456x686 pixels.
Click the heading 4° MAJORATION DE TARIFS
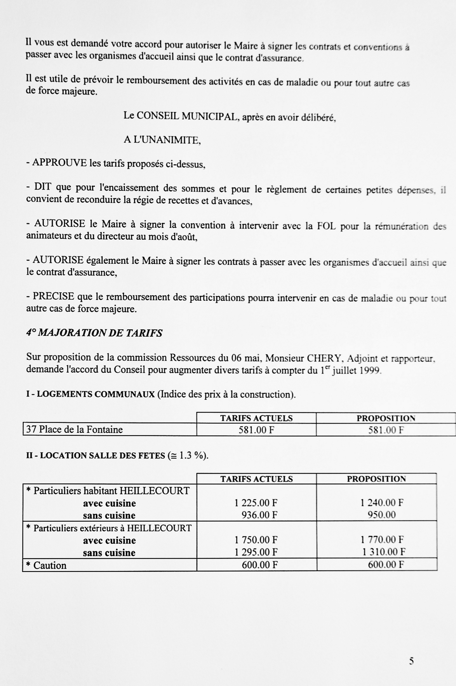click(x=94, y=333)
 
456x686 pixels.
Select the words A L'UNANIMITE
click(x=162, y=140)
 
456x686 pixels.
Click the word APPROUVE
click(x=59, y=163)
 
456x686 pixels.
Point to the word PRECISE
click(x=53, y=296)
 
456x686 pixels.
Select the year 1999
click(x=371, y=370)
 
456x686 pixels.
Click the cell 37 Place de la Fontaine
click(x=74, y=430)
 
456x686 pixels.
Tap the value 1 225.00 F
click(x=256, y=503)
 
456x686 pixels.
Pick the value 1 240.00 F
click(x=382, y=503)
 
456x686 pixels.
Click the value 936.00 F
click(x=259, y=515)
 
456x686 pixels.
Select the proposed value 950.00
click(x=382, y=515)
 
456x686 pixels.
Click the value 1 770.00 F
click(x=382, y=540)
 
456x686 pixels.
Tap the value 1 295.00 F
click(x=256, y=552)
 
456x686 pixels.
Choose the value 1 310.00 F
click(x=384, y=552)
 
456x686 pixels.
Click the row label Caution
click(x=50, y=565)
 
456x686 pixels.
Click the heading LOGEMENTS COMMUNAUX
click(x=96, y=394)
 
